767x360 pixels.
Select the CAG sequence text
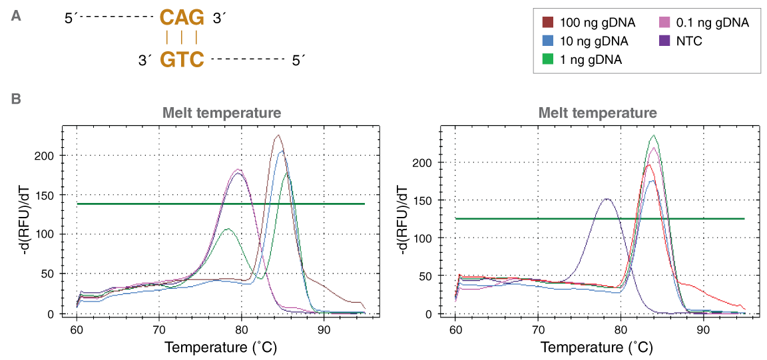181,18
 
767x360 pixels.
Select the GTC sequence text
181,60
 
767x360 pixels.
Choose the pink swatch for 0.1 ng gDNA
664,23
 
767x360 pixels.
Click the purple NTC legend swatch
664,41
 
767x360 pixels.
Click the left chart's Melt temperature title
222,113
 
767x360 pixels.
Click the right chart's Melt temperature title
598,113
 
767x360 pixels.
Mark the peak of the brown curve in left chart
278,135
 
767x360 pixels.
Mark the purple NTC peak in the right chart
607,198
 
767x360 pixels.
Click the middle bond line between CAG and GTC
181,38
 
